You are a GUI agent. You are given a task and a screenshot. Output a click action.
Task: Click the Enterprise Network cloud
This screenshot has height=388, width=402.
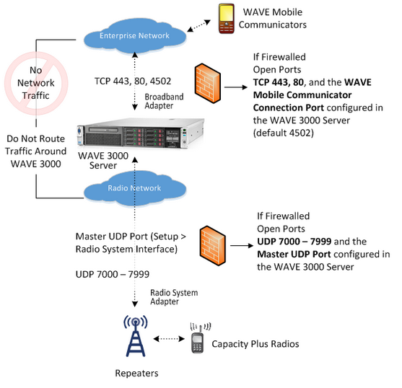tap(135, 36)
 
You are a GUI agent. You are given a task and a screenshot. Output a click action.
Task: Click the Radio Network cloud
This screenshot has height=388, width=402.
tap(135, 189)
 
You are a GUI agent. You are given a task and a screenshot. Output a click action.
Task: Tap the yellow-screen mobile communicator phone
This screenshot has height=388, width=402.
tap(226, 19)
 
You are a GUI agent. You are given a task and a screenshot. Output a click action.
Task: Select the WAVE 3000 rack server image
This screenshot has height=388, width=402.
tap(141, 133)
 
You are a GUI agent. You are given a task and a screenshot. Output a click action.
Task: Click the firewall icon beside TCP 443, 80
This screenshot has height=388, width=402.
tap(208, 83)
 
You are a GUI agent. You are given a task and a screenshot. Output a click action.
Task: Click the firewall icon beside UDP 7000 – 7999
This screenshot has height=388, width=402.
tap(213, 246)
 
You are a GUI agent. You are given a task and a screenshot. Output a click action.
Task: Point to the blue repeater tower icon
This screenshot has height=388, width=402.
tap(136, 336)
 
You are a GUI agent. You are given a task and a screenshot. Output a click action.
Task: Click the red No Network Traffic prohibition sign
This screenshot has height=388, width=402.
tap(36, 83)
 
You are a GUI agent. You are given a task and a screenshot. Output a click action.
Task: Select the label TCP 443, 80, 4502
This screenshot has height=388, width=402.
tap(133, 81)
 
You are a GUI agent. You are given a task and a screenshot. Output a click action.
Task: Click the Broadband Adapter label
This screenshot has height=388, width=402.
tap(164, 101)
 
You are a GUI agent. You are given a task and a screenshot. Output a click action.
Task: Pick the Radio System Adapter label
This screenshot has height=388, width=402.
tap(174, 297)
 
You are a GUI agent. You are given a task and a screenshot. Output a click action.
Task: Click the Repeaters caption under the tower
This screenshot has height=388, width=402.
tap(136, 373)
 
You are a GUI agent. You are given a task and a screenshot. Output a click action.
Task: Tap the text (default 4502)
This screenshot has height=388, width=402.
tap(284, 133)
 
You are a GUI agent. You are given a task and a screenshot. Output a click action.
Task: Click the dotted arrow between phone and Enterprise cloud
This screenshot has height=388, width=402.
tap(199, 26)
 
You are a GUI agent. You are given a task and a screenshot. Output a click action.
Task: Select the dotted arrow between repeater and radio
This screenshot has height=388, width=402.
tap(169, 339)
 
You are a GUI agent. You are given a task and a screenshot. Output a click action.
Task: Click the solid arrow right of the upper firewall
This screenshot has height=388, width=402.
tap(236, 87)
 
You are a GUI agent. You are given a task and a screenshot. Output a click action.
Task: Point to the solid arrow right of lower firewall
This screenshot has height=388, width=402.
tap(242, 246)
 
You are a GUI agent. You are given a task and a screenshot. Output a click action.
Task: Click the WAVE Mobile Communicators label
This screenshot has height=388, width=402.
tap(273, 19)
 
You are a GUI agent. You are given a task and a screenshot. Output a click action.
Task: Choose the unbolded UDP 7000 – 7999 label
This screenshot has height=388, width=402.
tap(113, 274)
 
